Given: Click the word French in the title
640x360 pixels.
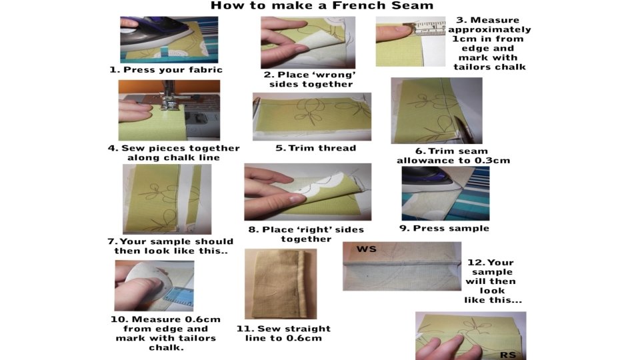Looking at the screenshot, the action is [x=356, y=6].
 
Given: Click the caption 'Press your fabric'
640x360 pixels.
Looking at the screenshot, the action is [x=173, y=70].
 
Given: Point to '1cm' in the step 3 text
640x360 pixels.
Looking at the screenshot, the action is [x=464, y=39].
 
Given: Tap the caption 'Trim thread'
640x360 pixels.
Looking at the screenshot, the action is [x=322, y=148].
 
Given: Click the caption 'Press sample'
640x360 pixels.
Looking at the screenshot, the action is [x=451, y=228].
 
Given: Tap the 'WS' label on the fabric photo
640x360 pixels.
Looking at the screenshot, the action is [x=367, y=249].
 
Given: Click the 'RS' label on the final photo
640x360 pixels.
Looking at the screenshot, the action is [x=508, y=355].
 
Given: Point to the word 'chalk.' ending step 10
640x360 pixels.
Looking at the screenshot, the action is [x=166, y=348].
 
